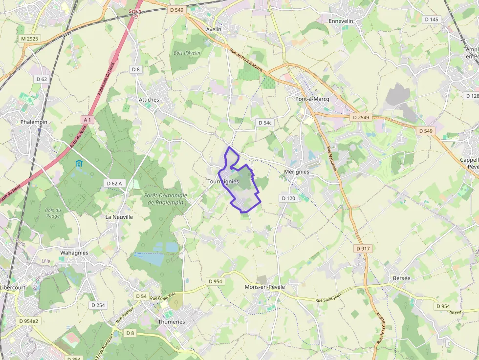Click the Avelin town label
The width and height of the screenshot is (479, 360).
(x=214, y=29)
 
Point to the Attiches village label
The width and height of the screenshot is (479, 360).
(x=149, y=100)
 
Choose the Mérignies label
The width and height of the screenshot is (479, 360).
(x=297, y=172)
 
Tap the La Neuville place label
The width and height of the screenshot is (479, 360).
(x=119, y=216)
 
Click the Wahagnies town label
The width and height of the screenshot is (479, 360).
(x=74, y=253)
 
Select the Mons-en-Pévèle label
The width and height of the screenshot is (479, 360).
(x=264, y=287)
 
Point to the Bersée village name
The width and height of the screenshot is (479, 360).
(x=402, y=278)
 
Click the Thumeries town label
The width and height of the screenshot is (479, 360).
(x=172, y=322)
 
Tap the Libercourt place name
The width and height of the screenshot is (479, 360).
(x=13, y=287)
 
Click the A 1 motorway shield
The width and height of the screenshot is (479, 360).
(x=87, y=119)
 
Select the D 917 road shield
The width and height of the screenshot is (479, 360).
(x=363, y=249)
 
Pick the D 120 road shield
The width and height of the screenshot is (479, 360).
(x=289, y=198)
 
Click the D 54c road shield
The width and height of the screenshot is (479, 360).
(x=264, y=123)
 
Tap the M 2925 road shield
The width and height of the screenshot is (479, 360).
(x=30, y=38)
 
